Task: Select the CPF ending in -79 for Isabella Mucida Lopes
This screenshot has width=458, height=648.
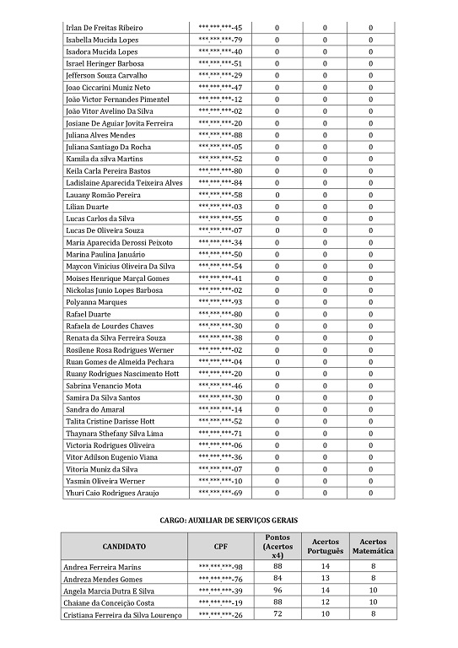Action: pyautogui.click(x=219, y=40)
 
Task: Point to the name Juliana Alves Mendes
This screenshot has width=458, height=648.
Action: pyautogui.click(x=100, y=135)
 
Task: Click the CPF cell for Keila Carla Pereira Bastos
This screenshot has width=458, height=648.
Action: pyautogui.click(x=219, y=170)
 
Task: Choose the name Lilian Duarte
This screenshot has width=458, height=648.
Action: pyautogui.click(x=87, y=207)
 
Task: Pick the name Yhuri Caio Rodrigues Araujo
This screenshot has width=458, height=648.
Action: pyautogui.click(x=112, y=493)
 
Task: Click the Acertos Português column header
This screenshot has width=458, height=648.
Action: pyautogui.click(x=326, y=546)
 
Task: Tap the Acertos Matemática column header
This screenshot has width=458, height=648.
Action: pyautogui.click(x=371, y=546)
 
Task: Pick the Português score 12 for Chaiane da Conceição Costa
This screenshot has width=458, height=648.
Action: pyautogui.click(x=326, y=603)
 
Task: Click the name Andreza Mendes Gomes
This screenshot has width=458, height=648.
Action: pyautogui.click(x=103, y=579)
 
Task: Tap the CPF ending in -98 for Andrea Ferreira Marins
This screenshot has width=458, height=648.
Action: pyautogui.click(x=219, y=567)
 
